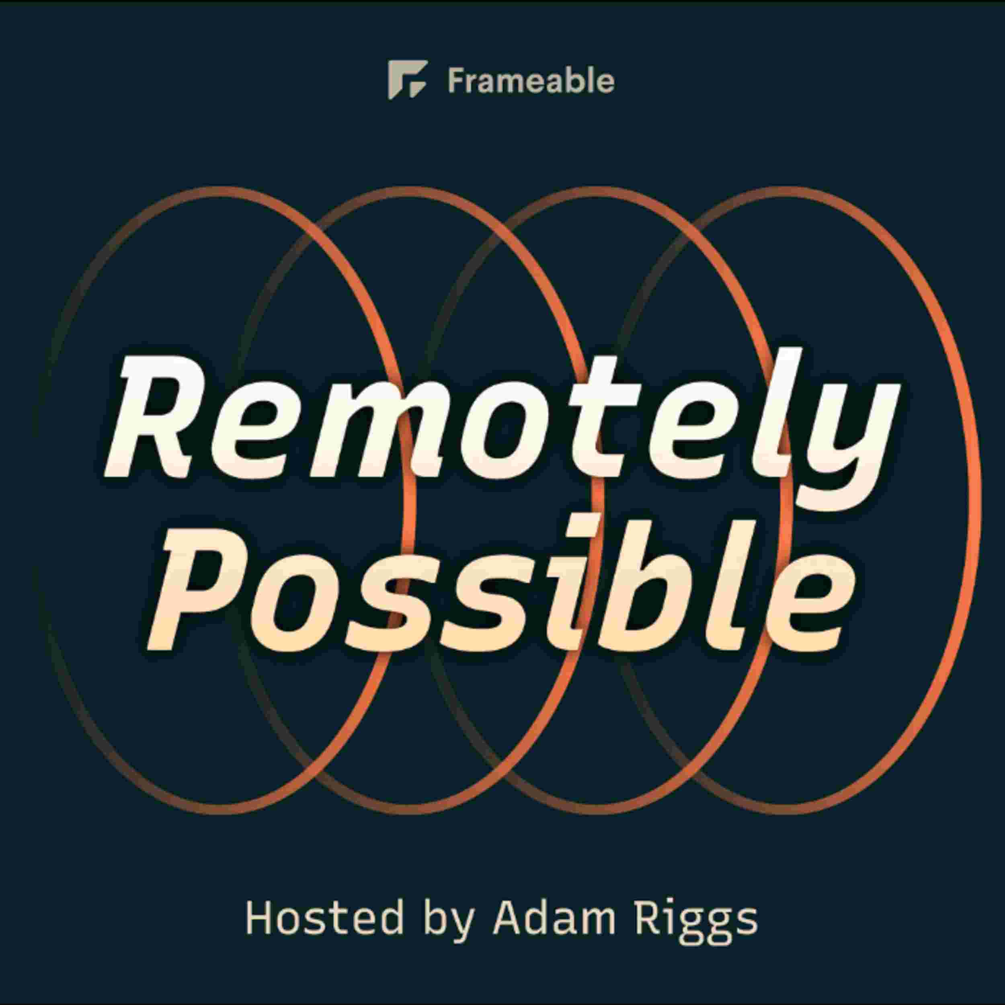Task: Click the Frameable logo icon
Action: click(407, 80)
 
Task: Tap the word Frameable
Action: click(531, 81)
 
